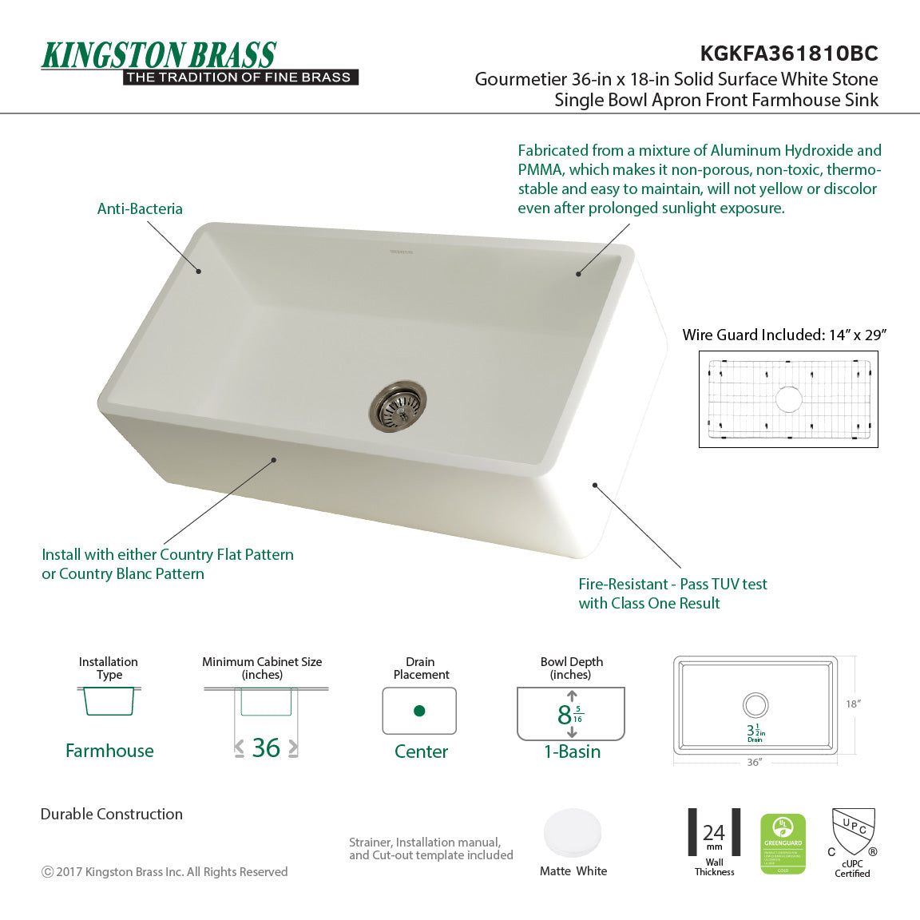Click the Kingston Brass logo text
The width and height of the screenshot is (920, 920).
pyautogui.click(x=159, y=55)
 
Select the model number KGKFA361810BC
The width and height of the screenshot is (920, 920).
pyautogui.click(x=788, y=54)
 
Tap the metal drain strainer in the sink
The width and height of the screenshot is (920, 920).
pyautogui.click(x=398, y=406)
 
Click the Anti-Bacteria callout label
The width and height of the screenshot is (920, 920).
pyautogui.click(x=140, y=208)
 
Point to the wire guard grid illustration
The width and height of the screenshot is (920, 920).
pyautogui.click(x=788, y=399)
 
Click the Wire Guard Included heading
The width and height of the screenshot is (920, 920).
pyautogui.click(x=783, y=335)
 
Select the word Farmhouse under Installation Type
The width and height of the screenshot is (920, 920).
pyautogui.click(x=109, y=751)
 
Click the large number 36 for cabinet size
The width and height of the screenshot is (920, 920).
pyautogui.click(x=266, y=747)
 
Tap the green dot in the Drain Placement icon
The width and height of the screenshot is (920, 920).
pyautogui.click(x=419, y=711)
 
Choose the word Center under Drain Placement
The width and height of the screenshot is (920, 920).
pyautogui.click(x=421, y=751)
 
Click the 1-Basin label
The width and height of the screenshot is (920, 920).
pyautogui.click(x=572, y=751)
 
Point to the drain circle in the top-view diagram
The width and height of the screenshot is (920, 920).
pyautogui.click(x=755, y=704)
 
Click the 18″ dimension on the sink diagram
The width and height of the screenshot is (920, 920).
pyautogui.click(x=853, y=704)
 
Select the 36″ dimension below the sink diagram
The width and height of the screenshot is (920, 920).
pyautogui.click(x=754, y=763)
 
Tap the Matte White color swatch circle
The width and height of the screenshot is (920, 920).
pyautogui.click(x=573, y=834)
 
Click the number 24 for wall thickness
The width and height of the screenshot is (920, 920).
pyautogui.click(x=714, y=832)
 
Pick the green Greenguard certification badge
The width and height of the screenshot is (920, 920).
pyautogui.click(x=783, y=844)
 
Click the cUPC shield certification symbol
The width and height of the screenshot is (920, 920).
pyautogui.click(x=853, y=832)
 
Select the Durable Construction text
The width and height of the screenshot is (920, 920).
pyautogui.click(x=112, y=814)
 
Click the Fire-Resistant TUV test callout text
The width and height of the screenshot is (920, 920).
pyautogui.click(x=672, y=593)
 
